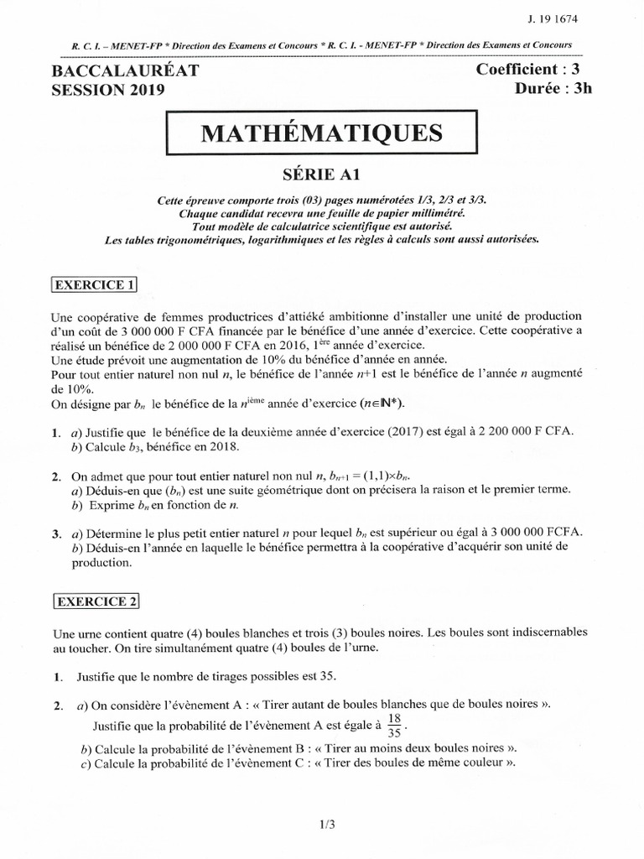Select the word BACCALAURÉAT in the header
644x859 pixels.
[126, 72]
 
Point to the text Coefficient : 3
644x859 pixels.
[533, 71]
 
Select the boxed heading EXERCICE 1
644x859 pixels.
[95, 285]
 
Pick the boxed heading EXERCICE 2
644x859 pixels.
[96, 601]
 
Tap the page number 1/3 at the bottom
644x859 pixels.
[326, 825]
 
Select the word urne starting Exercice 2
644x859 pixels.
[95, 631]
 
